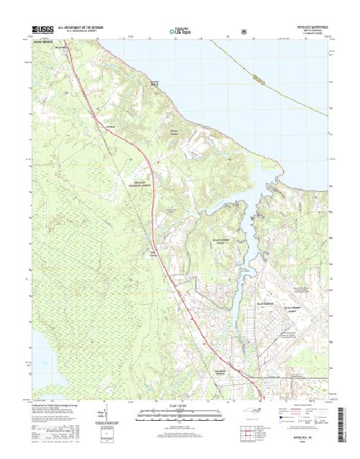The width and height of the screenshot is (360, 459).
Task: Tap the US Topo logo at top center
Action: (x=180, y=31)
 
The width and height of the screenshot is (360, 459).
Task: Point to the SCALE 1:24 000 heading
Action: (x=179, y=408)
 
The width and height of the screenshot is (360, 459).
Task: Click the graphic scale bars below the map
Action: (x=179, y=416)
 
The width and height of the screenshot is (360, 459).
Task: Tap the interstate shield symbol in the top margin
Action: (x=244, y=31)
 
